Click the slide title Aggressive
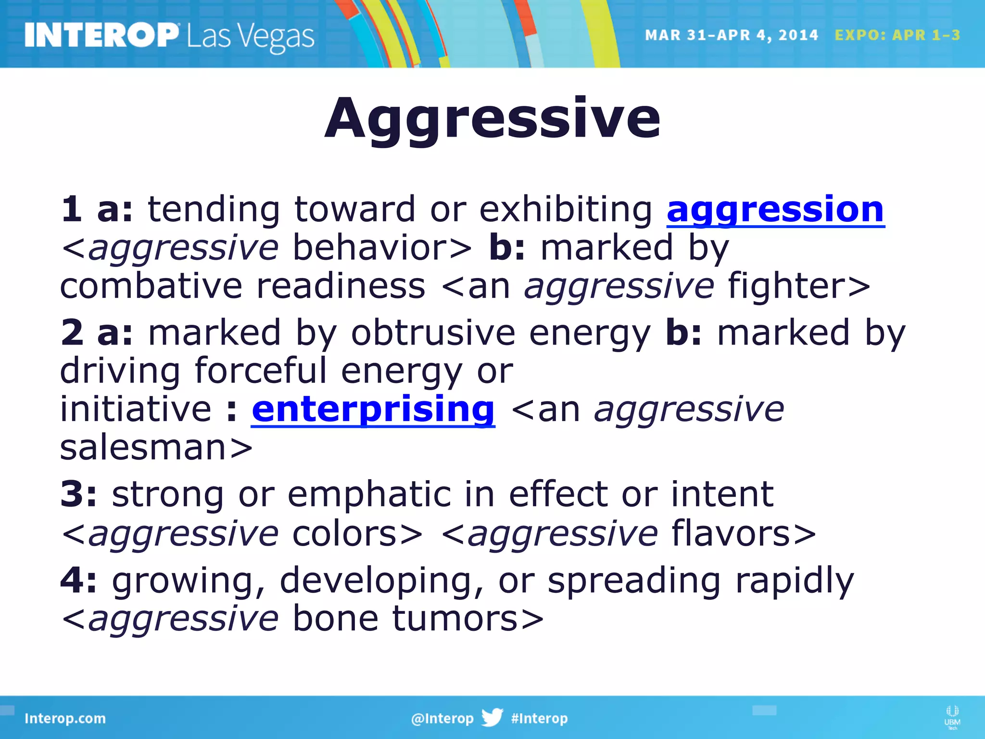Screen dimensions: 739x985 (492, 118)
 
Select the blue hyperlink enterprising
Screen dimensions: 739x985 (373, 409)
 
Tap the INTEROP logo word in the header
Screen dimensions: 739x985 (101, 35)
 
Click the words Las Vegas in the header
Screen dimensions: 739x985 (251, 37)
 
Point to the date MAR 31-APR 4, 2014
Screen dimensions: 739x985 (731, 35)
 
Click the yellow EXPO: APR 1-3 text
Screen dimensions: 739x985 (897, 35)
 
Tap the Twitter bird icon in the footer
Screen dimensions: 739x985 (492, 717)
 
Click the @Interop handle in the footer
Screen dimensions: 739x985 (442, 718)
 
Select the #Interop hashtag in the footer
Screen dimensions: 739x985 (539, 718)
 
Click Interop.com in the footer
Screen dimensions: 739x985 (65, 718)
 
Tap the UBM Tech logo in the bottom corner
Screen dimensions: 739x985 (952, 717)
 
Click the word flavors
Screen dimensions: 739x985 (731, 533)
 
